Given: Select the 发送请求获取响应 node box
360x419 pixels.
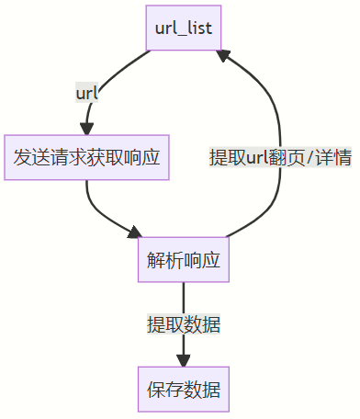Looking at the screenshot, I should coord(86,157).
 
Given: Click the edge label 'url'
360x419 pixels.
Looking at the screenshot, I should coord(87,92).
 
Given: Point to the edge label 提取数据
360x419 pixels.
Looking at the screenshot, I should coord(183,324).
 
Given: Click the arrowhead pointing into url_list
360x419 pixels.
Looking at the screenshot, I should coord(224,58).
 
